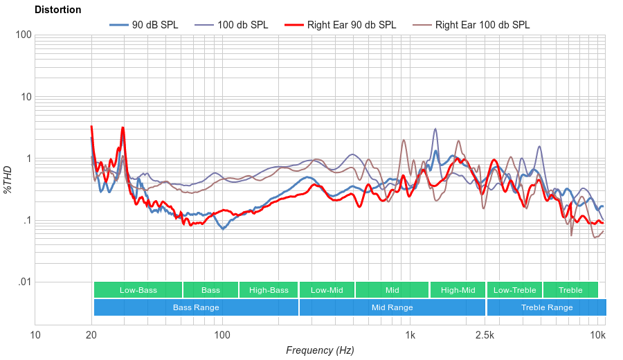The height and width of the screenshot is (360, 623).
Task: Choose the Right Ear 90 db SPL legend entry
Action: pyautogui.click(x=340, y=25)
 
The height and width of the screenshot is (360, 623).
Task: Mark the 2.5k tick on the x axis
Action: pyautogui.click(x=485, y=336)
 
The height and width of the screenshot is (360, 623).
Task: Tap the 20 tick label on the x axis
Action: pyautogui.click(x=91, y=336)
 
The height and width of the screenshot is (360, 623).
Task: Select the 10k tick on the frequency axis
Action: pyautogui.click(x=598, y=336)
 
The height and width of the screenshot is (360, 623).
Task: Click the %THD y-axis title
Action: pyautogui.click(x=9, y=180)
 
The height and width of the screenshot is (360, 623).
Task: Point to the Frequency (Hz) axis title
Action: pyautogui.click(x=319, y=350)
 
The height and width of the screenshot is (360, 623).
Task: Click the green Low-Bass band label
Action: pyautogui.click(x=138, y=290)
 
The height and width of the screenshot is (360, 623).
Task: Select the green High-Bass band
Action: pyautogui.click(x=268, y=290)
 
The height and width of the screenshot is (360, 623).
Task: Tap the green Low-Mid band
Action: pyautogui.click(x=327, y=290)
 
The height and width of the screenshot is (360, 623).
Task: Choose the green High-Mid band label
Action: pyautogui.click(x=458, y=290)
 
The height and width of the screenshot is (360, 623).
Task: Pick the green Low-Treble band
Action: pyautogui.click(x=514, y=290)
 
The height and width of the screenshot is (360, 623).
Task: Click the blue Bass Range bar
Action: pyautogui.click(x=196, y=307)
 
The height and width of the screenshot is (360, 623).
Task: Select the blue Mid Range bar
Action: pyautogui.click(x=392, y=307)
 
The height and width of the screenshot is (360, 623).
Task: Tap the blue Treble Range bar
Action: pyautogui.click(x=546, y=307)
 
